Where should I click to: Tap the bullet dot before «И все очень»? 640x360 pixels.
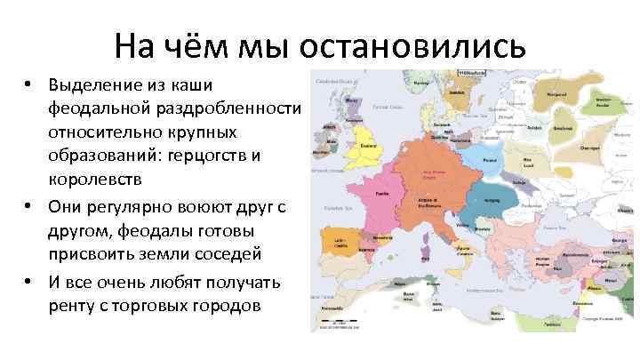pyautogui.click(x=29, y=284)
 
